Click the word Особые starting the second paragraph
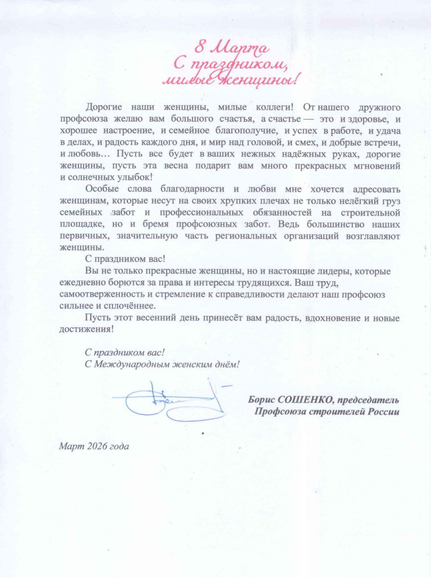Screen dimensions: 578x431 point(100,189)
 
